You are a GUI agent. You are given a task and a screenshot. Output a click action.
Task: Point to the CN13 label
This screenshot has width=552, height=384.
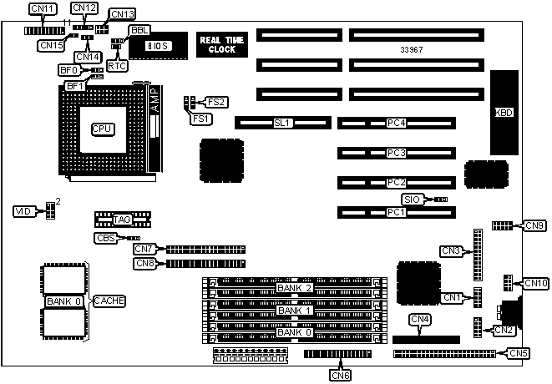pyautogui.click(x=122, y=14)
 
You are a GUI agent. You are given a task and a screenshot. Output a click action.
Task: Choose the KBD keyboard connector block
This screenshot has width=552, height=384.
pyautogui.click(x=504, y=113)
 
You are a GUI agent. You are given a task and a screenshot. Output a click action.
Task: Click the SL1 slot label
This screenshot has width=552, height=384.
pyautogui.click(x=281, y=123)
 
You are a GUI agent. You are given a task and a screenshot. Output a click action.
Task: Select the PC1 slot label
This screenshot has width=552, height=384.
pyautogui.click(x=396, y=212)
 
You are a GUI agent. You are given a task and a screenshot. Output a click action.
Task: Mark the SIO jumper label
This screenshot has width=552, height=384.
pyautogui.click(x=411, y=200)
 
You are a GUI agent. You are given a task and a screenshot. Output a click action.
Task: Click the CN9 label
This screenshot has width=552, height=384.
pyautogui.click(x=535, y=225)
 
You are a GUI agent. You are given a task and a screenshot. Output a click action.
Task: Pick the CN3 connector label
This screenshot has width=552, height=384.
pyautogui.click(x=451, y=250)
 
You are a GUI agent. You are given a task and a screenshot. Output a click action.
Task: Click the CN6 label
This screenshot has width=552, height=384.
pyautogui.click(x=340, y=374)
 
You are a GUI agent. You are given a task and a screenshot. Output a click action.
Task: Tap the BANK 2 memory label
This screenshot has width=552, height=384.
pyautogui.click(x=295, y=288)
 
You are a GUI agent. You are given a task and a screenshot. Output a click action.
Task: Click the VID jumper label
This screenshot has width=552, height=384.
pyautogui.click(x=23, y=212)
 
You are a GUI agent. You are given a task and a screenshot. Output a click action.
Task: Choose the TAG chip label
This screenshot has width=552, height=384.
pyautogui.click(x=123, y=220)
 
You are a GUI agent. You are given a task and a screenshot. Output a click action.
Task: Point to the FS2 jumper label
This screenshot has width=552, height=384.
pyautogui.click(x=216, y=102)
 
